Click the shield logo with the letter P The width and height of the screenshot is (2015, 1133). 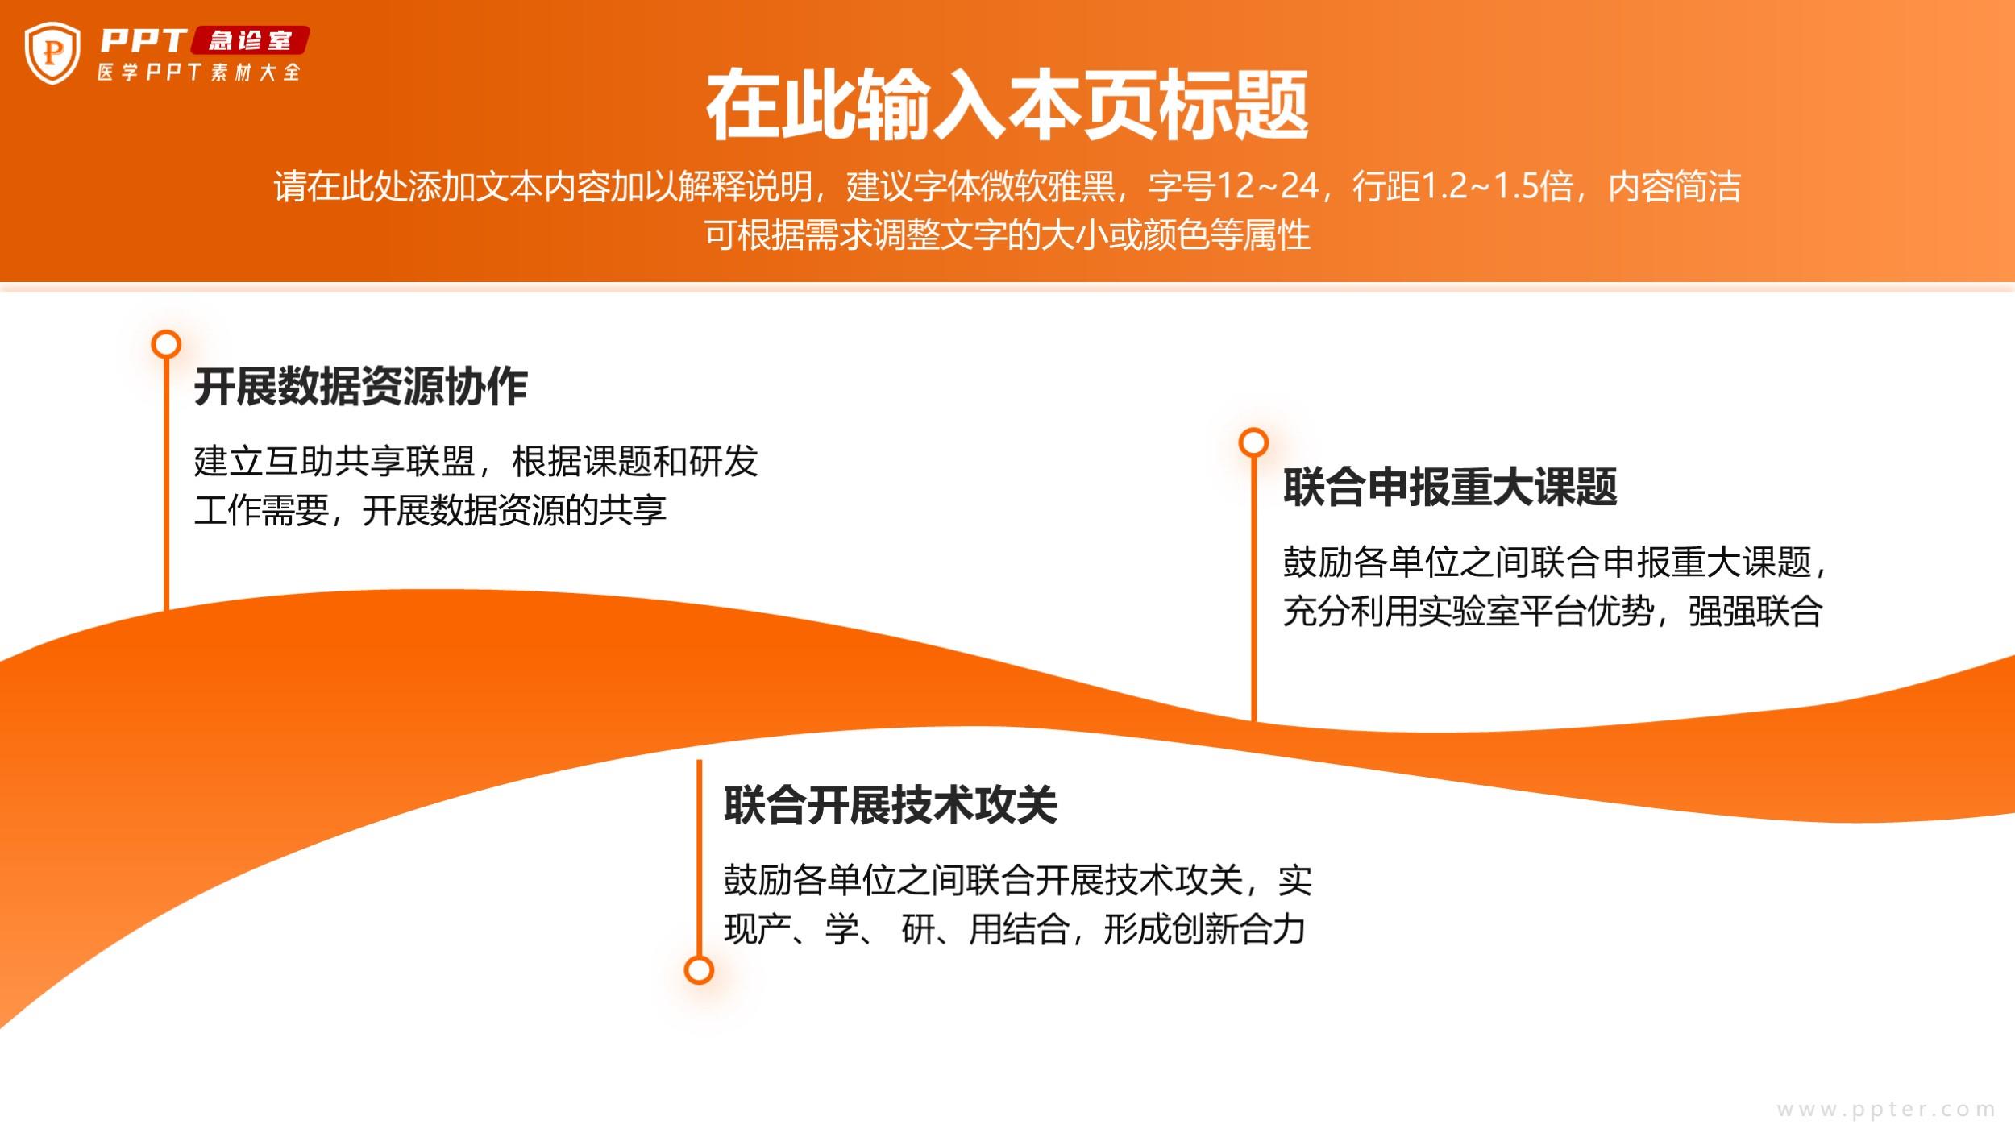point(52,53)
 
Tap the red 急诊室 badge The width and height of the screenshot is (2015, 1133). point(250,40)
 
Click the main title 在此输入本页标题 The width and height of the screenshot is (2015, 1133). point(1007,106)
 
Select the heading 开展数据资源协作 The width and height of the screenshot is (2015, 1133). point(360,386)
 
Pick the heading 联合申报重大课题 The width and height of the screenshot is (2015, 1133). point(1450,487)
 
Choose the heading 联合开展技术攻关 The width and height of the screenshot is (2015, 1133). point(891,805)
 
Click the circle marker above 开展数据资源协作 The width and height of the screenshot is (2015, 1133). point(166,344)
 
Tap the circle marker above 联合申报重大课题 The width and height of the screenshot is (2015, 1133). point(1253,442)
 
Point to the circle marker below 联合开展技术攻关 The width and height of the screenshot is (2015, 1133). point(699,969)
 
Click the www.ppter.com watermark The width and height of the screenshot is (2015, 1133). point(1886,1110)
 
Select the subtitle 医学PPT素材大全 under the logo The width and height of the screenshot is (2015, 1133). point(199,73)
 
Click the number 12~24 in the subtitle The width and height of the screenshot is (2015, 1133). point(1267,186)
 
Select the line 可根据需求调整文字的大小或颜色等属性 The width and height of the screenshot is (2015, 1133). point(1008,234)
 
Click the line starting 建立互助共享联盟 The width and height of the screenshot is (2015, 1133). point(476,462)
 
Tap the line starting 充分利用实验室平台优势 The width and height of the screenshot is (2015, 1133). point(1553,611)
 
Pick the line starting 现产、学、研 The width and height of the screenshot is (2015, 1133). point(1015,929)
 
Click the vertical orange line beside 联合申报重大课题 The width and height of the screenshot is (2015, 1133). point(1253,589)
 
